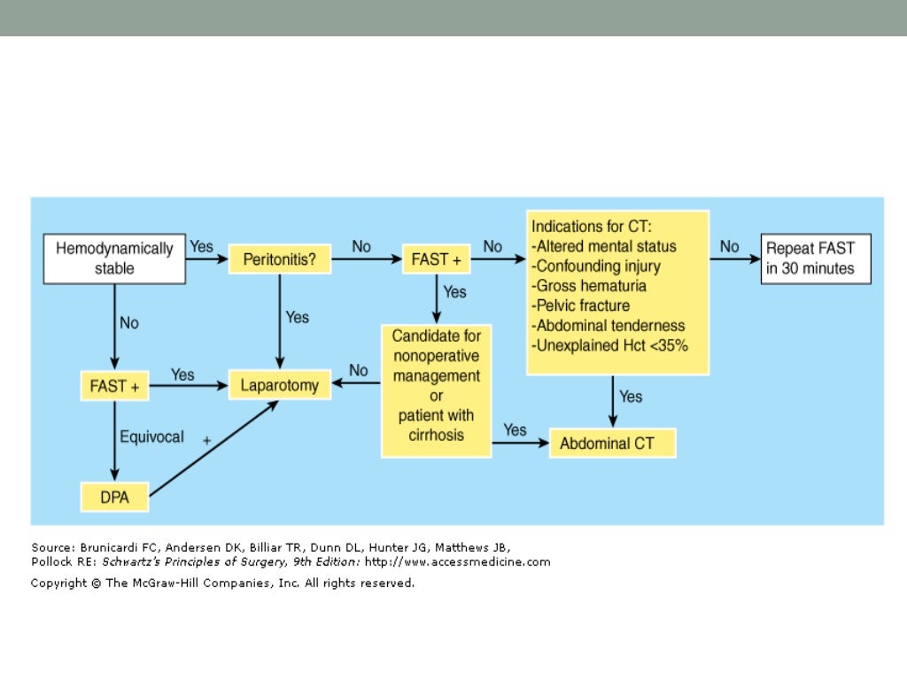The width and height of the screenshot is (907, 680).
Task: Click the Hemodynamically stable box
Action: click(x=114, y=259)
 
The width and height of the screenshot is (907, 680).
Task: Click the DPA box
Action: click(x=113, y=498)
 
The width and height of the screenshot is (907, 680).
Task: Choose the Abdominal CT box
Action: click(x=612, y=444)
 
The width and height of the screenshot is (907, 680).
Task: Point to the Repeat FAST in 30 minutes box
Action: click(x=816, y=259)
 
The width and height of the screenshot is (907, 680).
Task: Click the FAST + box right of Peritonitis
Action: click(x=436, y=260)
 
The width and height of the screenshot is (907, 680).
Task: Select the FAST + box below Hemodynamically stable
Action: click(x=114, y=386)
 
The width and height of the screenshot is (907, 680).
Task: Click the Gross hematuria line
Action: click(x=588, y=286)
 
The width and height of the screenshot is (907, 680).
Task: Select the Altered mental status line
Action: click(x=603, y=246)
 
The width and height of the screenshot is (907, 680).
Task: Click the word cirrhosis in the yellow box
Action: click(x=436, y=436)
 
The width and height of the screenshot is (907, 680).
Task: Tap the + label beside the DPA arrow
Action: click(x=207, y=440)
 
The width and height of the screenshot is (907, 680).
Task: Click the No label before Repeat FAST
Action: click(x=730, y=247)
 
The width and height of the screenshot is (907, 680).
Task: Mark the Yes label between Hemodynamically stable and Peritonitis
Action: click(x=202, y=247)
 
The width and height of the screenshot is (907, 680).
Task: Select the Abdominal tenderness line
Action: click(x=608, y=326)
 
